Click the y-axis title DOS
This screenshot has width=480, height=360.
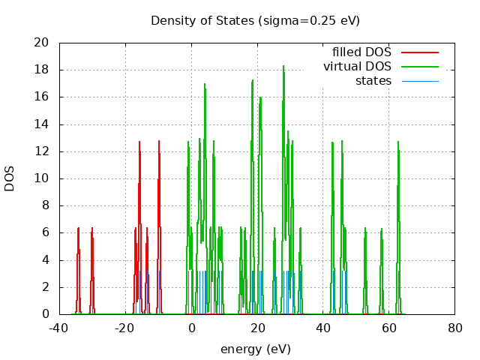pyautogui.click(x=10, y=178)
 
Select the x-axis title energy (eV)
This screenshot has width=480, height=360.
pyautogui.click(x=255, y=349)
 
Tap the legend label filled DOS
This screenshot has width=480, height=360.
pyautogui.click(x=362, y=52)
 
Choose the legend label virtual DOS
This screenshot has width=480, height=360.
pyautogui.click(x=357, y=67)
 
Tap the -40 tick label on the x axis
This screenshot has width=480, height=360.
pyautogui.click(x=60, y=328)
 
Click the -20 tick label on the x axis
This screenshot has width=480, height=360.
pyautogui.click(x=125, y=328)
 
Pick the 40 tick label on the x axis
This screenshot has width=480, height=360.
pyautogui.click(x=323, y=328)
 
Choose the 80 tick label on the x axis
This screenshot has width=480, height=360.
pyautogui.click(x=454, y=328)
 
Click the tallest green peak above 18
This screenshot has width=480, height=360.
pyautogui.click(x=283, y=67)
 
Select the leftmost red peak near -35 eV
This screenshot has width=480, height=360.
pyautogui.click(x=78, y=229)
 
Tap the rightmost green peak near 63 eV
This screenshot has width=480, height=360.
pyautogui.click(x=398, y=142)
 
